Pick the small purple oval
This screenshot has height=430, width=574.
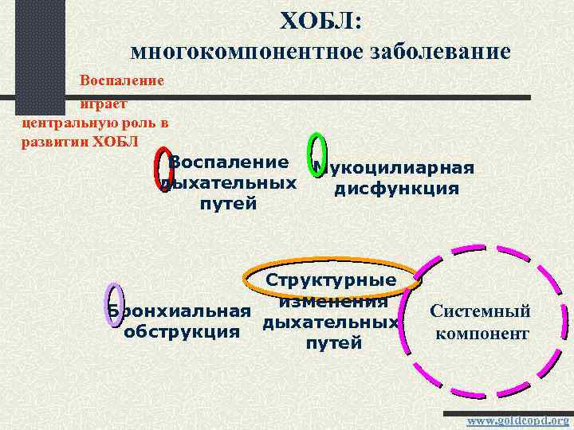[112, 304]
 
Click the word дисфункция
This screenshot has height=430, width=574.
[396, 189]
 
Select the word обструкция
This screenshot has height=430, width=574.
[182, 330]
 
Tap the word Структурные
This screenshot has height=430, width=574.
[331, 280]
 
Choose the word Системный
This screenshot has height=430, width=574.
[480, 311]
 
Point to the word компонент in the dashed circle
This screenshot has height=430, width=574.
[482, 333]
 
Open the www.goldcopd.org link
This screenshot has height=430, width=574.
[517, 420]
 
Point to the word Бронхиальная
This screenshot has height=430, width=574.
[181, 311]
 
